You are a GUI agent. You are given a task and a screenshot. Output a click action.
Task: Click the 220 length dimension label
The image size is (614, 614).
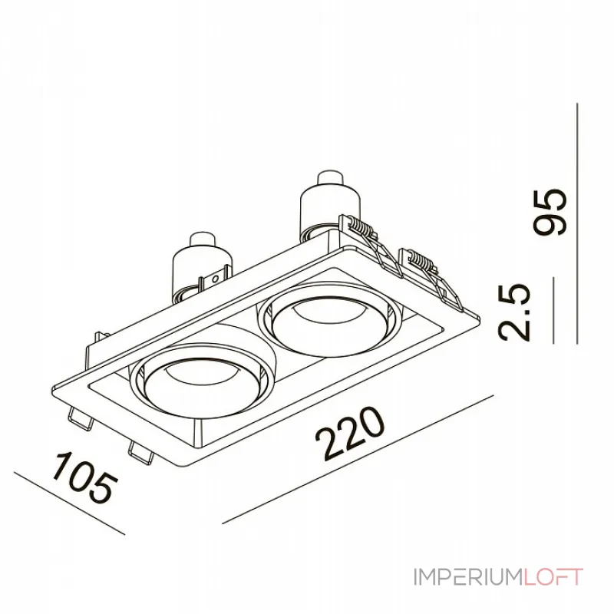point(351,433)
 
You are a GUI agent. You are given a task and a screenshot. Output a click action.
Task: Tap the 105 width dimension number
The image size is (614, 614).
point(85,478)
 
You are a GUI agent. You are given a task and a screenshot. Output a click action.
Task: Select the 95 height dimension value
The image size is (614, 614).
point(550,212)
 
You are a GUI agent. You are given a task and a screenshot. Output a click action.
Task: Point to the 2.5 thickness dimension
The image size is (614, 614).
point(513,312)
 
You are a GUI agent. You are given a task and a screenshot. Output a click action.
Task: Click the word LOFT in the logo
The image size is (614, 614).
point(553,577)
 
